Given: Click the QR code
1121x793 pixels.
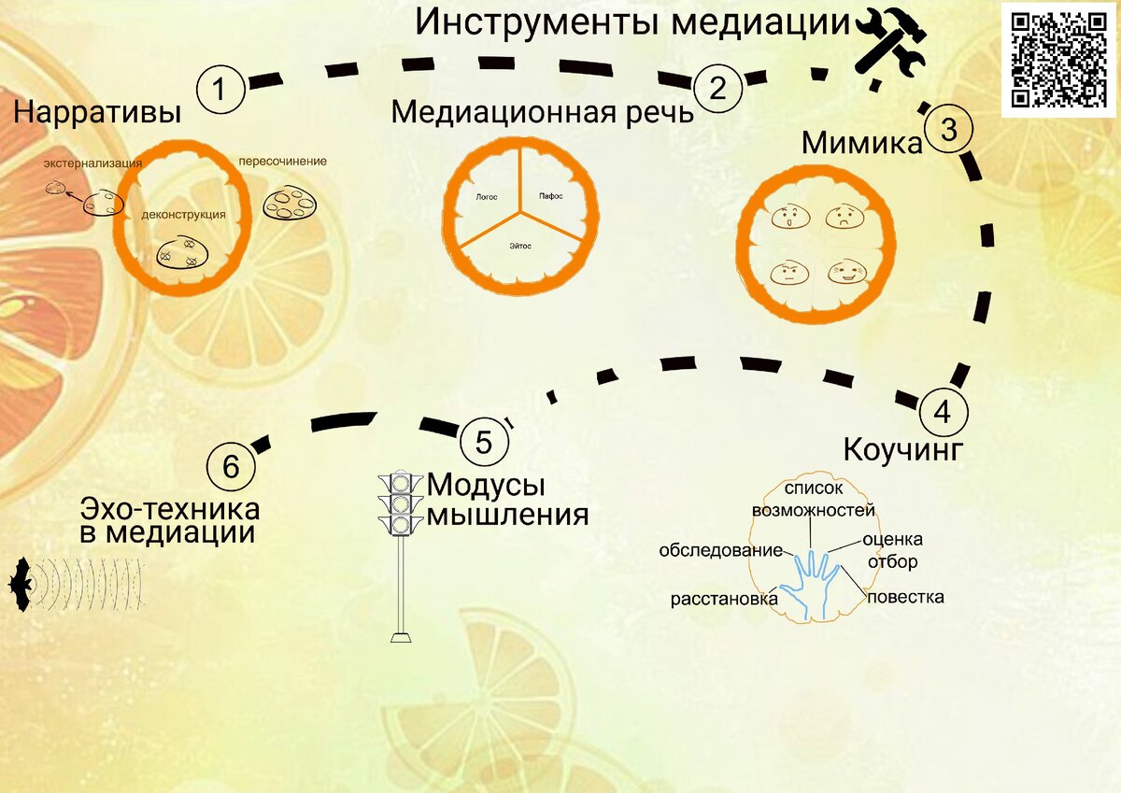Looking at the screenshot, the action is (1058, 58).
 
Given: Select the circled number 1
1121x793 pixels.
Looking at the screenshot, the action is (220, 91).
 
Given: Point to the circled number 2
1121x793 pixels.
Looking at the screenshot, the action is (717, 89).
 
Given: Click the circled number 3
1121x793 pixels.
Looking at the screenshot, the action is (948, 130).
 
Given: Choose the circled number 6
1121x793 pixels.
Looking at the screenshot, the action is (230, 465).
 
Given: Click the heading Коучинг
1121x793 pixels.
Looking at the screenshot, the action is (901, 449).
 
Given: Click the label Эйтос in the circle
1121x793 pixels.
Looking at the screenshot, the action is (521, 246).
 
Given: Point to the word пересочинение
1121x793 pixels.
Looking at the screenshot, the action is (283, 161).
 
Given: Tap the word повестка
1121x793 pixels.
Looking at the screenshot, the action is (905, 596).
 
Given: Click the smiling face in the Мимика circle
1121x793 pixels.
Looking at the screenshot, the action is (846, 273).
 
